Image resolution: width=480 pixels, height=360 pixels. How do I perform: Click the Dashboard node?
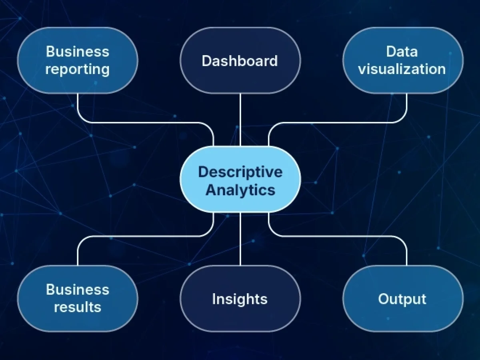240,60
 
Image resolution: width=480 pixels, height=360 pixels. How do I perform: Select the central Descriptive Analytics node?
240,179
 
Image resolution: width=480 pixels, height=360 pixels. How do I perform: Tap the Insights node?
240,298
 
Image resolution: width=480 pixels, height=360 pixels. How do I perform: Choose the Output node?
402,298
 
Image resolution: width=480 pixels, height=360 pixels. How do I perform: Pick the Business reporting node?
78,60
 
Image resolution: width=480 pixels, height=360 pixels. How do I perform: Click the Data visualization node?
402,60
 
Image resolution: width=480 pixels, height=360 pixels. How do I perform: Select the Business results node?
78,298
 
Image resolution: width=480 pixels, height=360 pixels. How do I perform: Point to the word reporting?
78,70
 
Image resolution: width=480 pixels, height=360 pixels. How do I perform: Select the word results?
78,307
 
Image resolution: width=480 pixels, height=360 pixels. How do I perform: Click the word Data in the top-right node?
402,52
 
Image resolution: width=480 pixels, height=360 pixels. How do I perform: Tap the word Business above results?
78,289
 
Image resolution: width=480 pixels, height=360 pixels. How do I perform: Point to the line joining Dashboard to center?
240,120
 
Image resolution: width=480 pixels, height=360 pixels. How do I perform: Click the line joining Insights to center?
240,239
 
